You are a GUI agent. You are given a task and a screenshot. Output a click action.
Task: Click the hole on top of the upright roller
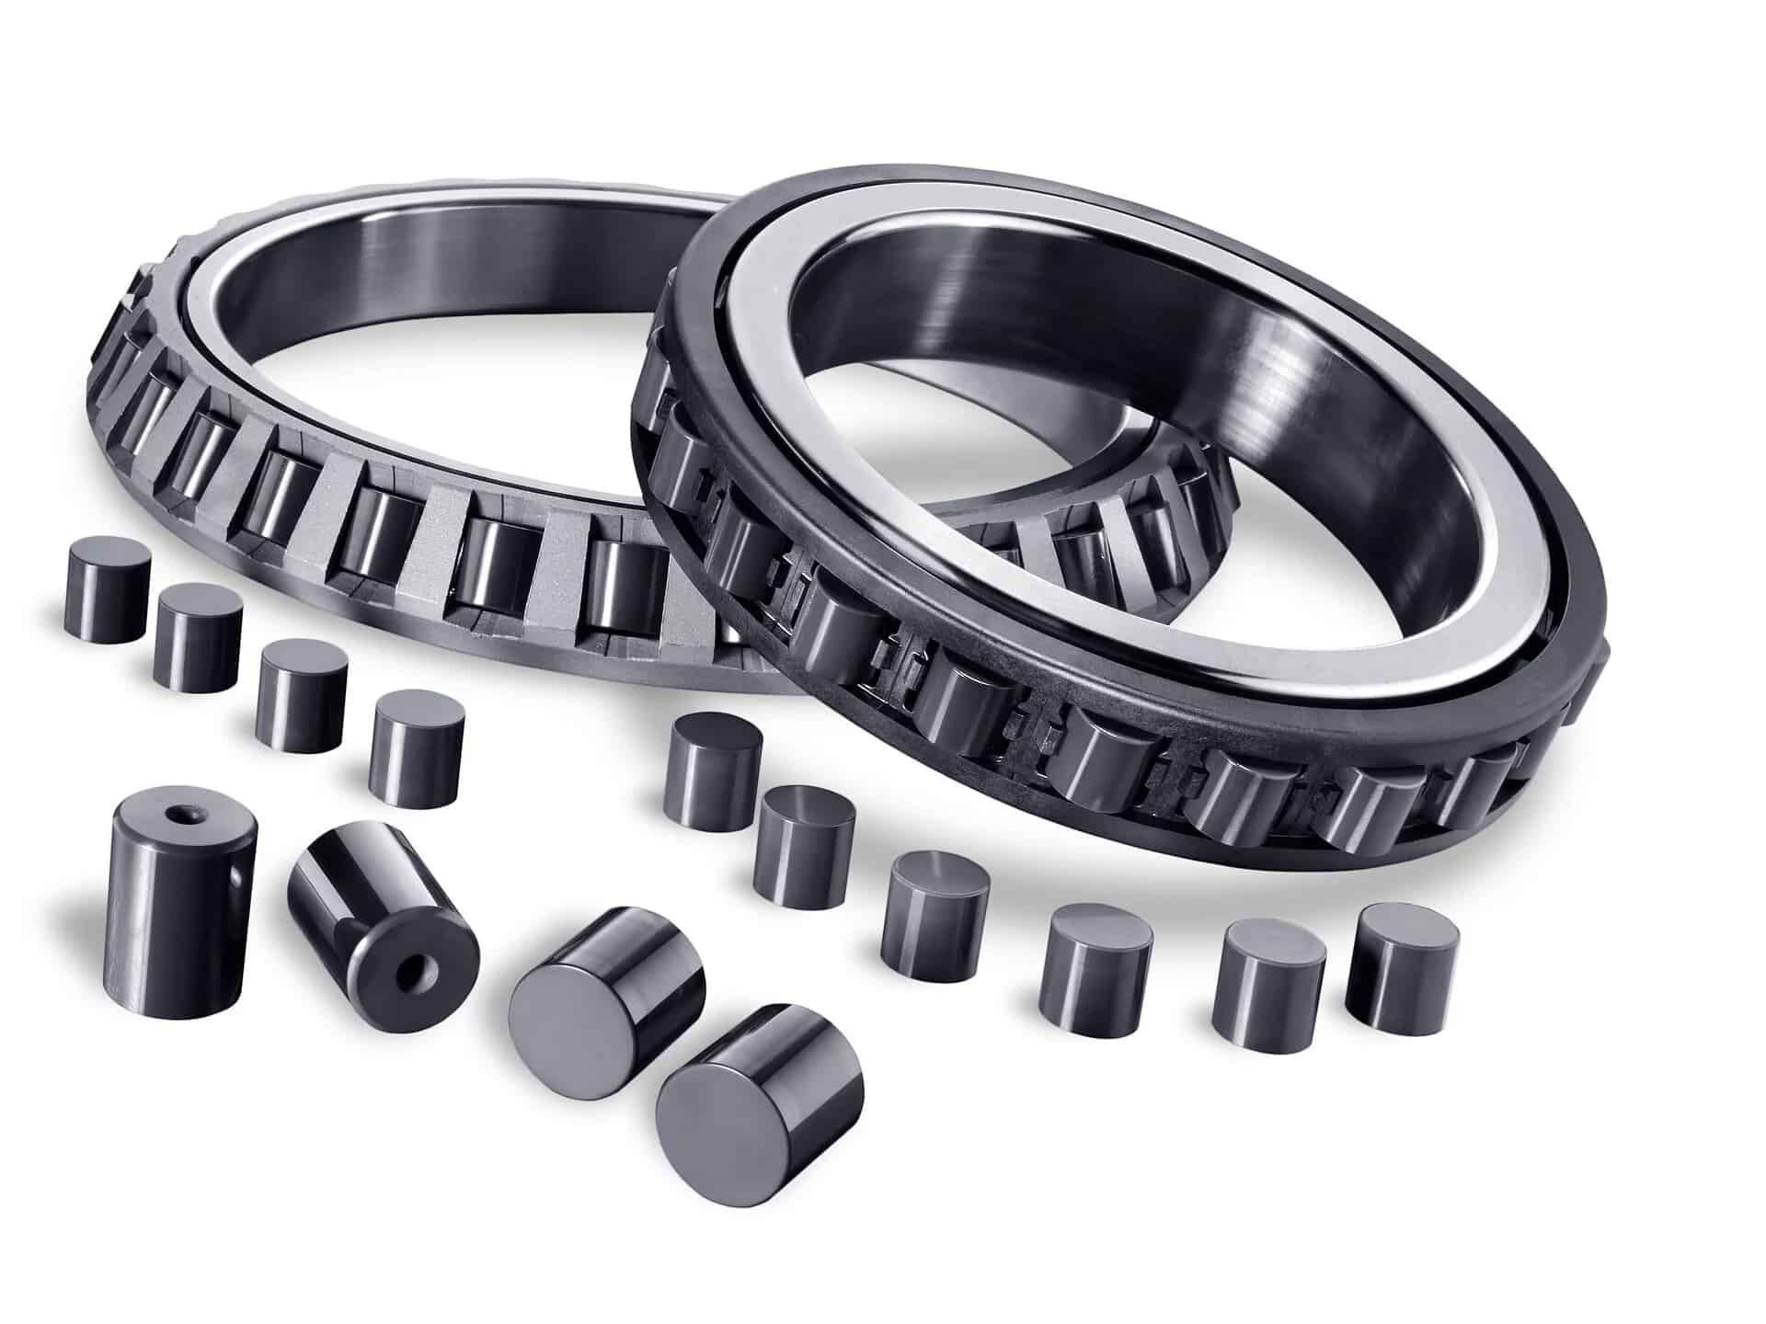[x=174, y=814]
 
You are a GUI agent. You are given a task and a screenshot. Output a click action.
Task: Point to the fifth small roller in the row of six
[x=1268, y=976]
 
